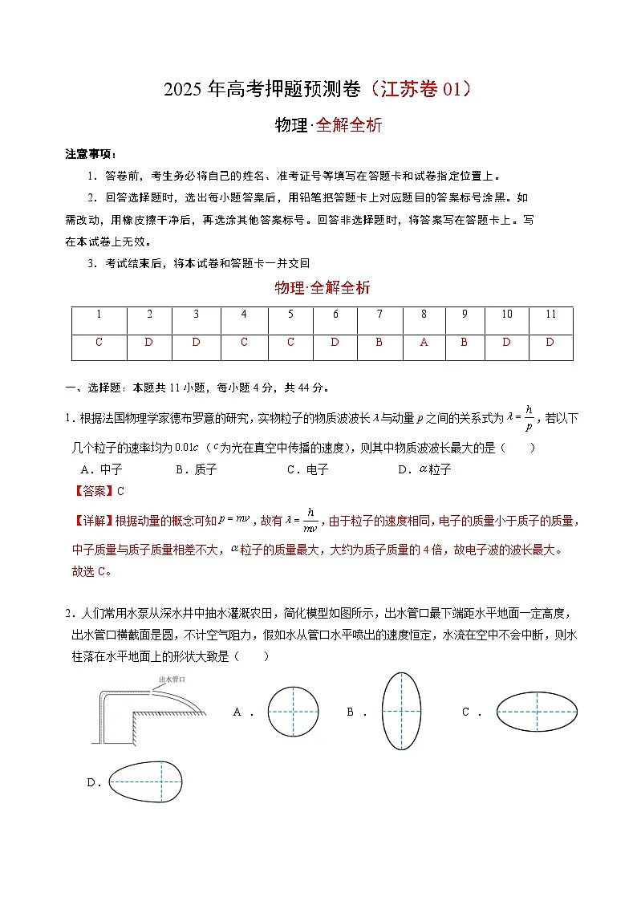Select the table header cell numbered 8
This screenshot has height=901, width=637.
[x=424, y=315]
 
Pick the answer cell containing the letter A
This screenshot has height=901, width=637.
[x=424, y=343]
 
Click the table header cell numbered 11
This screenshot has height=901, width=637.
[x=550, y=315]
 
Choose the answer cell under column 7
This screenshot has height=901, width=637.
[x=379, y=343]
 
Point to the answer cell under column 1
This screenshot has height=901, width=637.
[x=99, y=343]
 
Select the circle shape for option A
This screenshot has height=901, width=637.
[x=293, y=711]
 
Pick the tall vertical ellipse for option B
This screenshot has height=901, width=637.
[x=403, y=711]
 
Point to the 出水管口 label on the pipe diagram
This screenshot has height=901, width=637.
[x=173, y=679]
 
